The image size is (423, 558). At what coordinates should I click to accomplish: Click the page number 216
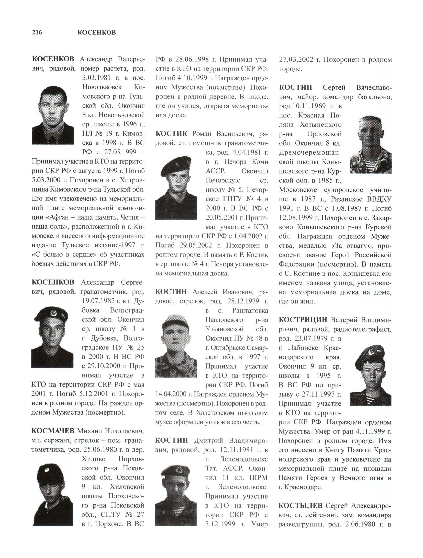click(37, 32)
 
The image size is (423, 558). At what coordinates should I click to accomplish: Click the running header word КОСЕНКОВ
click(97, 32)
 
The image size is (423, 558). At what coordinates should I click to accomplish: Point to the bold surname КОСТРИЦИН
click(303, 320)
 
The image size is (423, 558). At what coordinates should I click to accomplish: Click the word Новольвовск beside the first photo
click(102, 87)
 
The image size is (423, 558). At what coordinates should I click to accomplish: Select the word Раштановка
click(250, 310)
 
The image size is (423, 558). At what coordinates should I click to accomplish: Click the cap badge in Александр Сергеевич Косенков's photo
click(53, 313)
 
